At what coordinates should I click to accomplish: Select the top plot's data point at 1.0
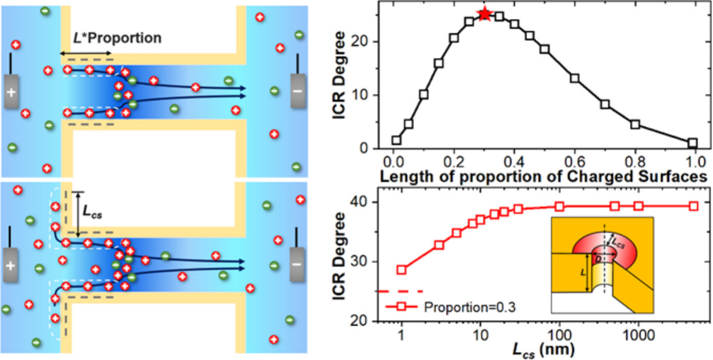[x=692, y=143]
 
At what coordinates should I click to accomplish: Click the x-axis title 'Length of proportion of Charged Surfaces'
[x=543, y=176]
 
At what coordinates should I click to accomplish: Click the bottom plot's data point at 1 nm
[x=402, y=269]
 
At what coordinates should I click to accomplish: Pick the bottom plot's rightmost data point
[x=693, y=206]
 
